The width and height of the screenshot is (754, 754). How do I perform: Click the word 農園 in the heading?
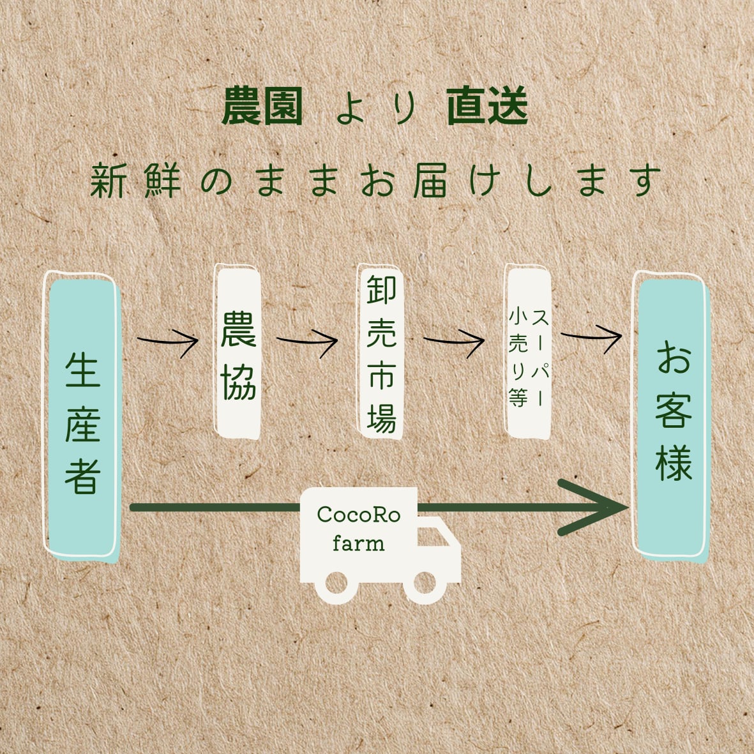click(262, 106)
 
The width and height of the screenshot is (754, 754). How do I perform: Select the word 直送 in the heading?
click(488, 106)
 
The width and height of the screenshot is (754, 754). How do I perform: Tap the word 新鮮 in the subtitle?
click(135, 181)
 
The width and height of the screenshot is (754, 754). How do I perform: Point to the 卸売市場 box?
click(381, 352)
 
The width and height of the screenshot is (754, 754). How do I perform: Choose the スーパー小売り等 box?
click(527, 352)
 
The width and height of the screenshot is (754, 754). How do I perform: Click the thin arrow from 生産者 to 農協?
click(168, 341)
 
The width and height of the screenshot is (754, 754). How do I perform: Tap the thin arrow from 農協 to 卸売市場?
click(307, 341)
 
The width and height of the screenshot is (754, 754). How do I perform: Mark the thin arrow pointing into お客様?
click(591, 336)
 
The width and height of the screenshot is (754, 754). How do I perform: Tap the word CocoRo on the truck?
click(359, 515)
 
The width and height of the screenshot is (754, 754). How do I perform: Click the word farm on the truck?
click(359, 543)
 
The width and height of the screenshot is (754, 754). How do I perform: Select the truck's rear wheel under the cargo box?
click(336, 583)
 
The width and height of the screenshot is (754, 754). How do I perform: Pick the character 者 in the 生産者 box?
click(83, 476)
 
